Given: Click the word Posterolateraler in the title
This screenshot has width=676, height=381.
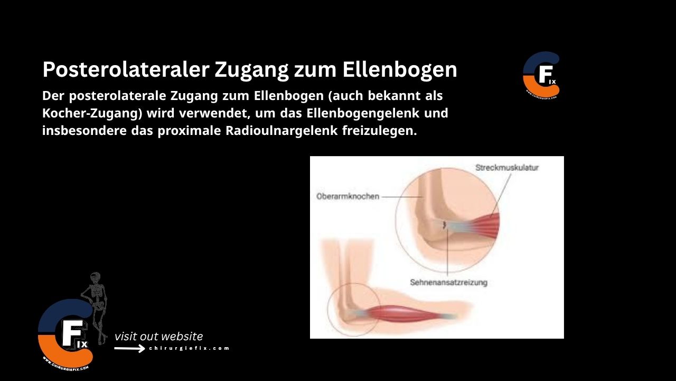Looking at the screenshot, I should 125,70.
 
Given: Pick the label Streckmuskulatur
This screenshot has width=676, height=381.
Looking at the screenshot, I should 507,167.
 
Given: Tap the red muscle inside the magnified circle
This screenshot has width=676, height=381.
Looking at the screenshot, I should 485,223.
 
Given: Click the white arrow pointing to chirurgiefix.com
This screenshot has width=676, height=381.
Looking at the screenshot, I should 129,348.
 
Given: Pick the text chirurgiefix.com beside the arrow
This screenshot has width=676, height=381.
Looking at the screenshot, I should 189,348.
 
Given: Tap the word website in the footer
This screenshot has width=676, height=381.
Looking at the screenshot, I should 182,337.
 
